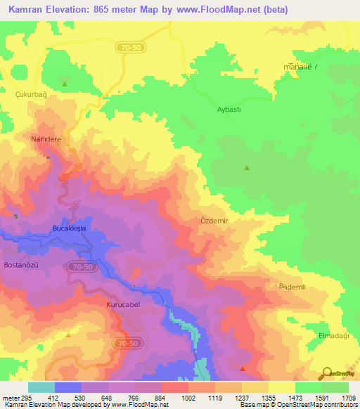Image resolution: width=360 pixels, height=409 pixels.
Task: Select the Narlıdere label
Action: click(x=46, y=140)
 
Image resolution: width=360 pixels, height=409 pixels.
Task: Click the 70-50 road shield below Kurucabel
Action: click(x=124, y=342)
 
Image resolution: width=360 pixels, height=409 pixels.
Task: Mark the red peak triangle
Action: click(x=243, y=368)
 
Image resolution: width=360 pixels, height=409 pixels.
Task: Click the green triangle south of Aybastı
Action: click(x=246, y=168)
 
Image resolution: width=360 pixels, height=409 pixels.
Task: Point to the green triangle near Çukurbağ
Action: click(x=65, y=84)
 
